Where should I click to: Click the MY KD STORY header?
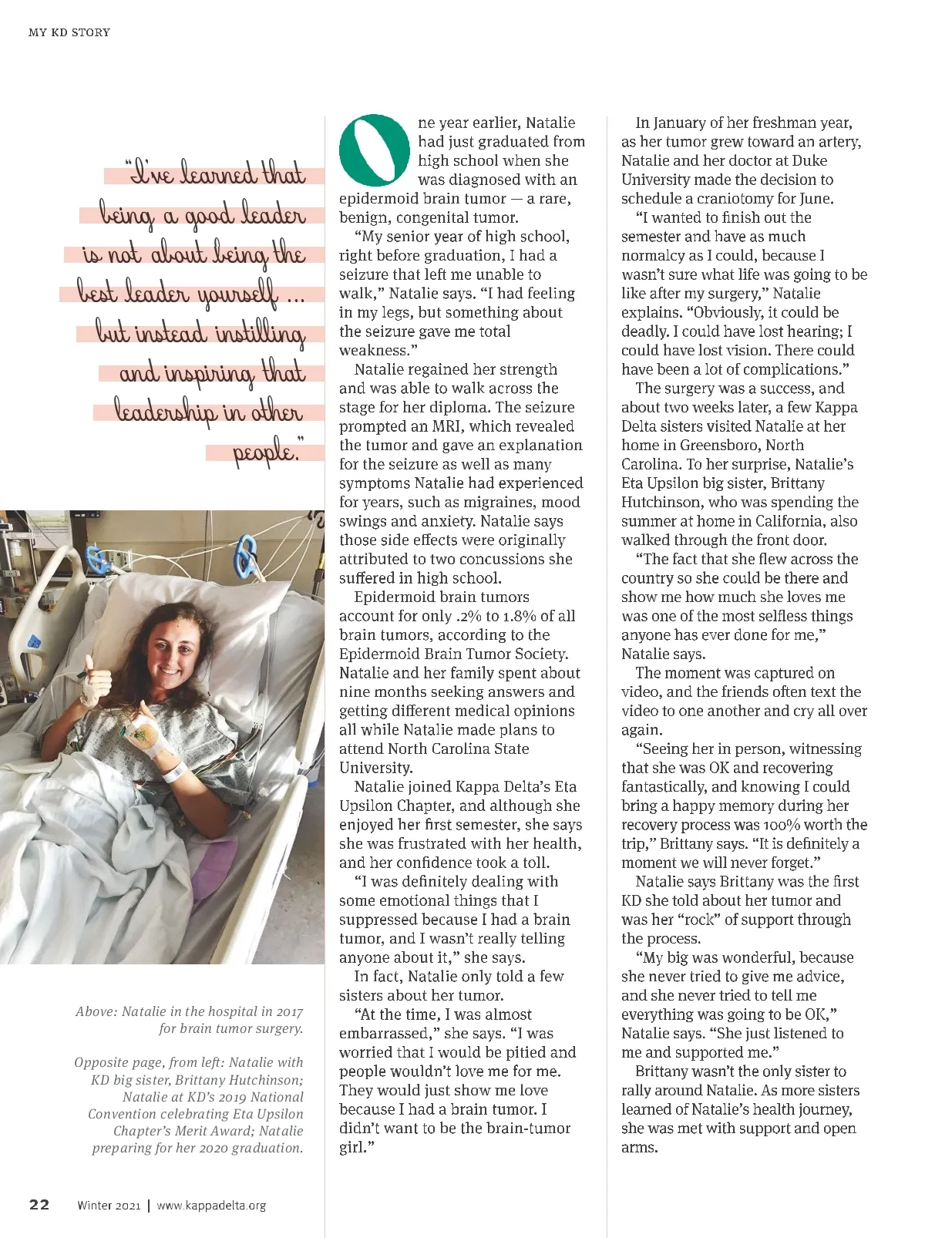69,32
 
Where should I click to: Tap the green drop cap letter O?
374,150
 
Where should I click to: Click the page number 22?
39,1205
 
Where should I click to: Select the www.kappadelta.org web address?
211,1206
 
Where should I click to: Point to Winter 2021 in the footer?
109,1206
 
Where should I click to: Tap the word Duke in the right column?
809,160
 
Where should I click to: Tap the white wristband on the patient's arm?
174,771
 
